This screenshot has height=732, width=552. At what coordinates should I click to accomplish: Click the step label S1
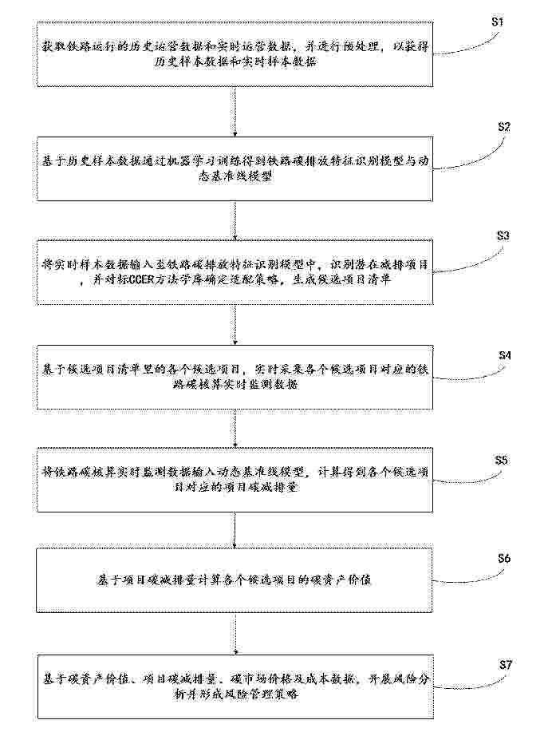pos(497,22)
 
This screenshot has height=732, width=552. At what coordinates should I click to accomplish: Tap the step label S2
pos(504,127)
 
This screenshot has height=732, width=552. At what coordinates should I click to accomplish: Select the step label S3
pos(503,235)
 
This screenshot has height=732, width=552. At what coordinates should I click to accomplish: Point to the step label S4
pos(504,356)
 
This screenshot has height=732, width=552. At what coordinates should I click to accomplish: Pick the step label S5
pos(501,461)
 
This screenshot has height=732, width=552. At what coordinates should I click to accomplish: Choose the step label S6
pos(504,558)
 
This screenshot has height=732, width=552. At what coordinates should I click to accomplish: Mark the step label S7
pos(506,664)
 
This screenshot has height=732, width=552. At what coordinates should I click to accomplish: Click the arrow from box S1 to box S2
pos(235,111)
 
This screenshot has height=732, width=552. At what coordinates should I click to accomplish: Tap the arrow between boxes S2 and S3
pos(235,220)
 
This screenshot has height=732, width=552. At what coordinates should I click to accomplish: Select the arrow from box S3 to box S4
pos(235,325)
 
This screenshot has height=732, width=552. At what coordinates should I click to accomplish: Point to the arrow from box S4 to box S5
pos(235,428)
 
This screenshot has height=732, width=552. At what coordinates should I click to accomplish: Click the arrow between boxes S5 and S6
pos(235,530)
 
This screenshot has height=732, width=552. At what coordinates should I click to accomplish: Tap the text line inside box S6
pos(234,580)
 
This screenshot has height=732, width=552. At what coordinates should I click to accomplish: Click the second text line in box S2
pos(235,177)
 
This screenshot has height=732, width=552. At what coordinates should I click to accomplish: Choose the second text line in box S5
pos(235,487)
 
